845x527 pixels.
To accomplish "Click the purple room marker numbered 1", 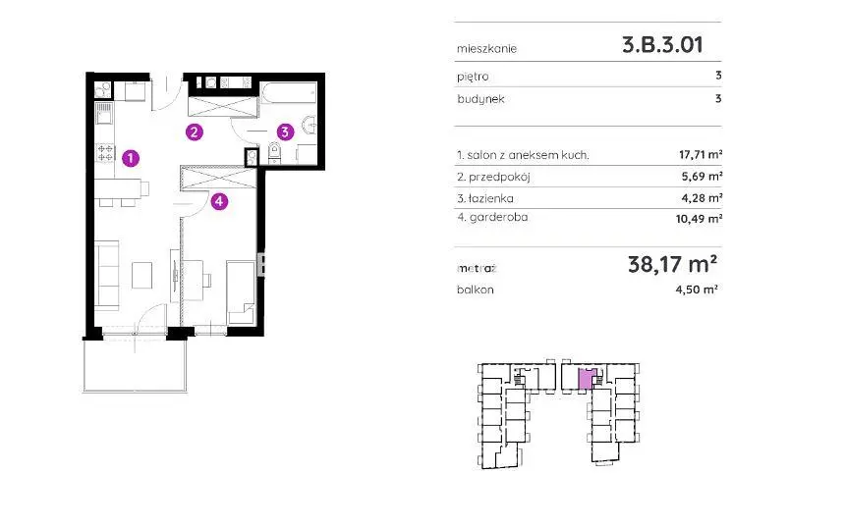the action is pos(131,158).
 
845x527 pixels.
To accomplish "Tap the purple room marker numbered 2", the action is pos(195,132).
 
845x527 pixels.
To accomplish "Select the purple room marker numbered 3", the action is pos(285,132).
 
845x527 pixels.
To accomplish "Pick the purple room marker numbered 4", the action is pos(219,202).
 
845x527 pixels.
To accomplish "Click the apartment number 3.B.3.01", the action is pos(663,45).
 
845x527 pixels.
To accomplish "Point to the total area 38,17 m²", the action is pos(672,264).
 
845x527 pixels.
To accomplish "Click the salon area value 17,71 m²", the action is pos(701,155).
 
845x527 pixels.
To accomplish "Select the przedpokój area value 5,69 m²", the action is pos(703,177).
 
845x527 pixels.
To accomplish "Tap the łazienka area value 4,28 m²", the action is pos(703,198).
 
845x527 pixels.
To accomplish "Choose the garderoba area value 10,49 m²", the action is pos(699,219).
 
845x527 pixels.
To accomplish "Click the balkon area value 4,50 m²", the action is pos(697,290).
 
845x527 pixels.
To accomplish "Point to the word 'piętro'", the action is pos(473,77).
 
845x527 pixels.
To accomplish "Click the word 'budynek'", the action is pos(480,99).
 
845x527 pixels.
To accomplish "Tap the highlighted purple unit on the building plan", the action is pos(586,379).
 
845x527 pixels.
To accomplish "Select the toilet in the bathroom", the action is pos(274,152).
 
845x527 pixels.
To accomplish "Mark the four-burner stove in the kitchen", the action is pos(105,152).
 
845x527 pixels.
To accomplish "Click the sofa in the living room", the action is pos(107,276).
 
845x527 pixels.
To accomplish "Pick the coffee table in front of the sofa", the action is pos(142,275).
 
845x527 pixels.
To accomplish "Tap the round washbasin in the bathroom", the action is pos(310,125).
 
